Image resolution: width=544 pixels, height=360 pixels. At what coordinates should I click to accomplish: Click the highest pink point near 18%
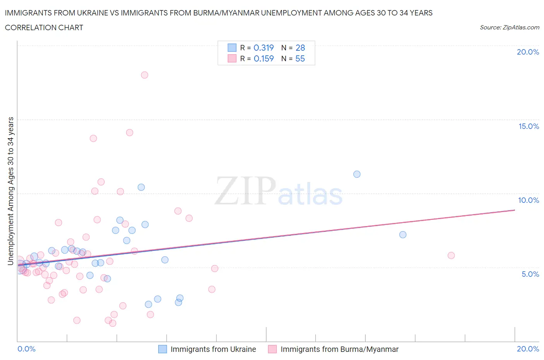pyautogui.click(x=144, y=75)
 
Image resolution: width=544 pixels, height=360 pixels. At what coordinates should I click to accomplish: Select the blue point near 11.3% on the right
pyautogui.click(x=357, y=174)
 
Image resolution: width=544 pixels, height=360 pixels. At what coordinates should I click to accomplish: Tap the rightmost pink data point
pyautogui.click(x=451, y=255)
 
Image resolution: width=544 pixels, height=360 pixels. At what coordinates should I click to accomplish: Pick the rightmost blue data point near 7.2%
pyautogui.click(x=403, y=235)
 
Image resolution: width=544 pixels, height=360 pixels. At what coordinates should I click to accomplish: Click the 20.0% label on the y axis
pyautogui.click(x=528, y=52)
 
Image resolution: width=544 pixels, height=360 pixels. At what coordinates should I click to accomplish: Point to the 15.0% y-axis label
pyautogui.click(x=529, y=127)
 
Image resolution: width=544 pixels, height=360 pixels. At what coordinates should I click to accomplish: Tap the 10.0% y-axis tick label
pyautogui.click(x=529, y=200)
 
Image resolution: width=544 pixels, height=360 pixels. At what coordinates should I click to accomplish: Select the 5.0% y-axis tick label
pyautogui.click(x=530, y=274)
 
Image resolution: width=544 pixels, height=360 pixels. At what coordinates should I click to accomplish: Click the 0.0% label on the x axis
pyautogui.click(x=26, y=349)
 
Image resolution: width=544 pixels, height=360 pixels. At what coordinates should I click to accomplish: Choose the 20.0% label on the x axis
pyautogui.click(x=528, y=349)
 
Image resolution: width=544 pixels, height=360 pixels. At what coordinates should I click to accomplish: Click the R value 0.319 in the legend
pyautogui.click(x=263, y=48)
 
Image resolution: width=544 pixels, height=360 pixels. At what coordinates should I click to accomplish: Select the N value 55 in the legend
pyautogui.click(x=300, y=59)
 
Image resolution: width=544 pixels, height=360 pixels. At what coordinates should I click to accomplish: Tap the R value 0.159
pyautogui.click(x=263, y=59)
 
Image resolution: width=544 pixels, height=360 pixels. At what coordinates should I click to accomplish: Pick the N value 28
pyautogui.click(x=300, y=48)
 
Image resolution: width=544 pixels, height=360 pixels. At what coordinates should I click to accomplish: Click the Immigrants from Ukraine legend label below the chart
pyautogui.click(x=213, y=350)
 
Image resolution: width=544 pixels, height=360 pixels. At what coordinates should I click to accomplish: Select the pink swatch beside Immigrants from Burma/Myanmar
pyautogui.click(x=272, y=350)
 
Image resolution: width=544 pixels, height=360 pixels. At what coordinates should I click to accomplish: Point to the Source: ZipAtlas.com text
pyautogui.click(x=509, y=27)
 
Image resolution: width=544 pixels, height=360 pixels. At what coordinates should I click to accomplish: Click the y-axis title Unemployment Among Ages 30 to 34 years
pyautogui.click(x=11, y=191)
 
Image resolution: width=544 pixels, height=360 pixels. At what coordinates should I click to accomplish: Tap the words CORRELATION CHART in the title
pyautogui.click(x=44, y=27)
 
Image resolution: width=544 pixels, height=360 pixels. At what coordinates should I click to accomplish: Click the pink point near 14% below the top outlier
pyautogui.click(x=130, y=133)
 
